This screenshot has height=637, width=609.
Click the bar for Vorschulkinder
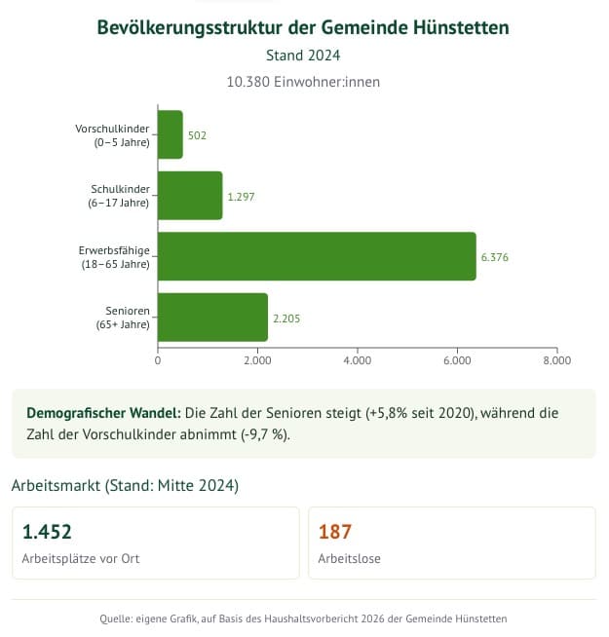point(171,134)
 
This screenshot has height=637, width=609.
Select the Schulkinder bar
point(190,196)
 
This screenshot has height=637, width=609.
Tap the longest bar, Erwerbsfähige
point(317,256)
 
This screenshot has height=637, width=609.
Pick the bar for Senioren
point(212,318)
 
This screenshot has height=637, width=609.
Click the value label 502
point(197,135)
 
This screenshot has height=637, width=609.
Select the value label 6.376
point(495,257)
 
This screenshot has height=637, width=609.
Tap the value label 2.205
point(287,318)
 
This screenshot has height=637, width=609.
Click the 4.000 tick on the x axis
point(358,359)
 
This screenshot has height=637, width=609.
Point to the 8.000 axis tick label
point(556,359)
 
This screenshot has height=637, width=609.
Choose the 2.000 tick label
point(257,359)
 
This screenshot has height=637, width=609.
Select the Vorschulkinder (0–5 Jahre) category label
point(112,134)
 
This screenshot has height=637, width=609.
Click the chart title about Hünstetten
point(303,27)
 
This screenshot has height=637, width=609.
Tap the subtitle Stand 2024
point(303,56)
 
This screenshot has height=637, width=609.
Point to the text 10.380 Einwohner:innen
point(303,82)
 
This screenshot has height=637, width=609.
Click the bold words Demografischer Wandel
point(103,413)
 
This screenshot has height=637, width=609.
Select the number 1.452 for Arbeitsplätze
point(47,532)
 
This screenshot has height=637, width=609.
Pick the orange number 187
point(334,532)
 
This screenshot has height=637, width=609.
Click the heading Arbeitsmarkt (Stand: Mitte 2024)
point(125,484)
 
